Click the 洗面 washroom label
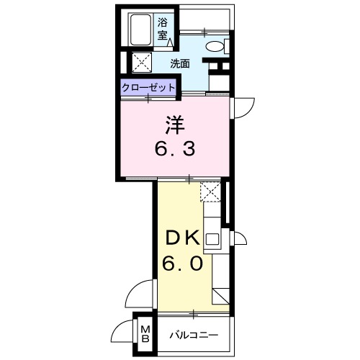click(180, 63)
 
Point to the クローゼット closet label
click(148, 86)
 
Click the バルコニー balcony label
click(193, 334)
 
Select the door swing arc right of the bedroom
click(243, 107)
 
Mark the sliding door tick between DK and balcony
click(194, 313)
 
